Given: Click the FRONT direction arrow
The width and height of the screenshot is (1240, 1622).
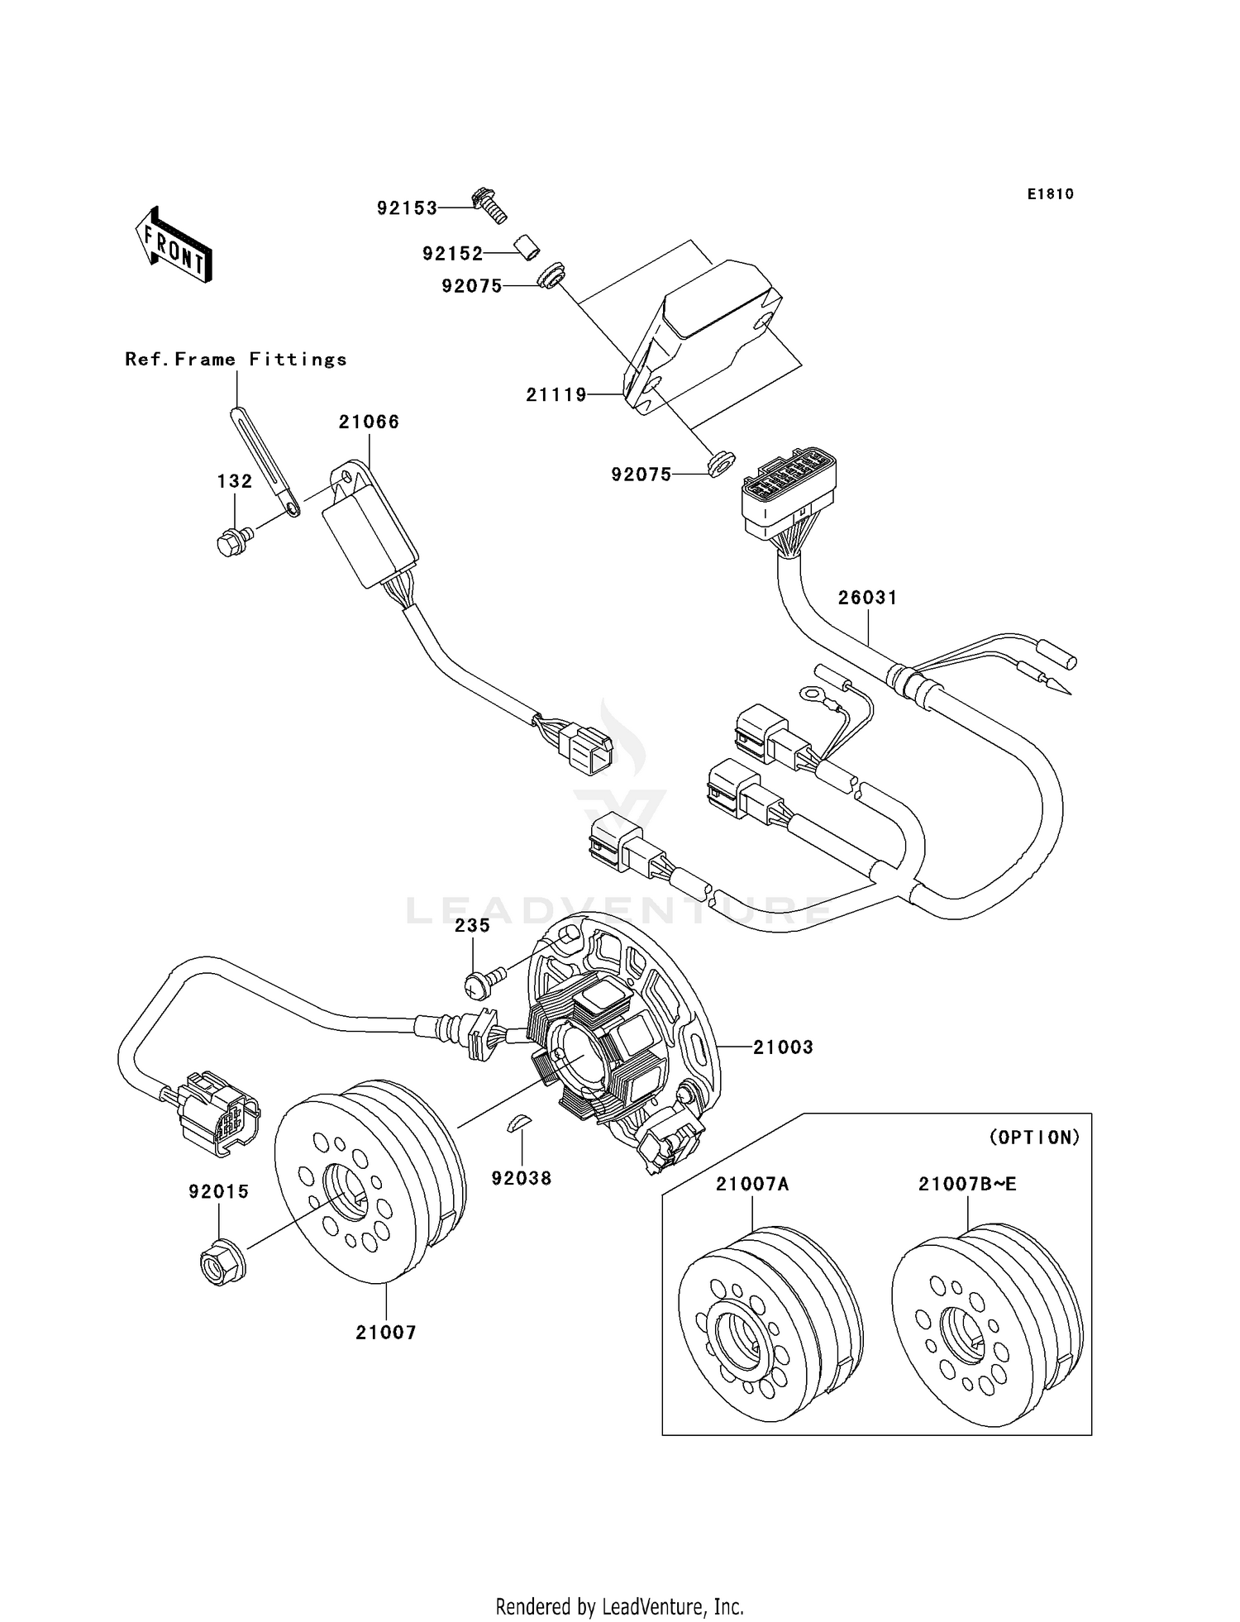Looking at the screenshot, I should pyautogui.click(x=174, y=245).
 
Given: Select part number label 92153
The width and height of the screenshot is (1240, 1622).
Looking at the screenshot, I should pyautogui.click(x=407, y=208).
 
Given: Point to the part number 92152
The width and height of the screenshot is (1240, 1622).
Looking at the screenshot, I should pyautogui.click(x=452, y=254).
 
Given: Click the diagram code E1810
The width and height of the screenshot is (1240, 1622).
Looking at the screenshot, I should pyautogui.click(x=1050, y=194).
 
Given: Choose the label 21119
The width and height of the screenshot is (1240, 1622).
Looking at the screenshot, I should pyautogui.click(x=556, y=395).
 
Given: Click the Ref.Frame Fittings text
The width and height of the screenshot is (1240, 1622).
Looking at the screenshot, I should pyautogui.click(x=236, y=359).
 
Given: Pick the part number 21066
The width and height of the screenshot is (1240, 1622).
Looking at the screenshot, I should pyautogui.click(x=369, y=422).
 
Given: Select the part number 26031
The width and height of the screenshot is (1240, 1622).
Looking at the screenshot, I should pyautogui.click(x=867, y=597).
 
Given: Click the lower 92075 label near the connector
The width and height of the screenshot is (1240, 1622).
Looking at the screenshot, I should pyautogui.click(x=641, y=475).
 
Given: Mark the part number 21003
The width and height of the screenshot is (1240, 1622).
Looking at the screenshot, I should pyautogui.click(x=783, y=1047).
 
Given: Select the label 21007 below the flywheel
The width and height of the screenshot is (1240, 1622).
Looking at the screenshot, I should pyautogui.click(x=386, y=1333).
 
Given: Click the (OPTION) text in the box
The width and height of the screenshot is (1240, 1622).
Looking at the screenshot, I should pyautogui.click(x=1034, y=1138).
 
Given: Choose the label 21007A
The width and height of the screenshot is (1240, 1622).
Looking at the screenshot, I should pyautogui.click(x=752, y=1184).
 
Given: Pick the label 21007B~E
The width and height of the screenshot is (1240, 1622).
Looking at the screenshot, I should pyautogui.click(x=967, y=1184).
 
